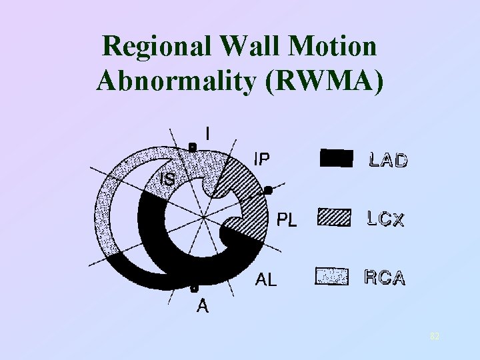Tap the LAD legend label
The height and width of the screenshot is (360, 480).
pos(388,160)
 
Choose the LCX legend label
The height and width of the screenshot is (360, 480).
pos(385,219)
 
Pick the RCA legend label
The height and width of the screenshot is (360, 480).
pos(385,278)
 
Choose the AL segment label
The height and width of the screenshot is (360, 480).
pos(267,280)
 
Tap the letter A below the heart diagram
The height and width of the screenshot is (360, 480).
pos(203,307)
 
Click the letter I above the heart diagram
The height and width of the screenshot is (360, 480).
pos(209,134)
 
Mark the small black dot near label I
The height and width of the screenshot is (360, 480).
pos(191,146)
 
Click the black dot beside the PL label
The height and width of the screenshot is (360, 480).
pos(267,190)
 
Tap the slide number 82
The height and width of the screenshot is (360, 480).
pos(434,337)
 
